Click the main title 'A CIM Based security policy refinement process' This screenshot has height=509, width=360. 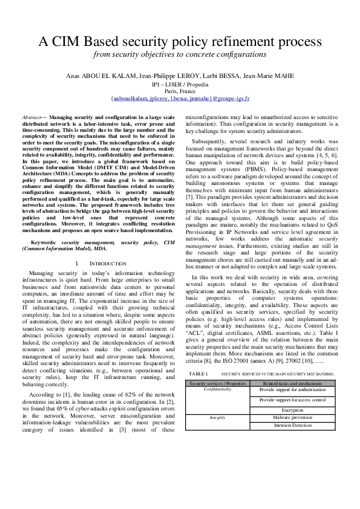pyautogui.click(x=180, y=42)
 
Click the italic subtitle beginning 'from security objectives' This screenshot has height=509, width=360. pyautogui.click(x=180, y=54)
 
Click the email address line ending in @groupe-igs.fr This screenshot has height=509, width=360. pyautogui.click(x=180, y=98)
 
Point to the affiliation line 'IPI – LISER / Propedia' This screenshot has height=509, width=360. pyautogui.click(x=180, y=83)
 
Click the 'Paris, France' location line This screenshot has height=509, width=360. pyautogui.click(x=180, y=91)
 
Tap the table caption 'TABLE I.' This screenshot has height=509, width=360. pyautogui.click(x=198, y=358)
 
